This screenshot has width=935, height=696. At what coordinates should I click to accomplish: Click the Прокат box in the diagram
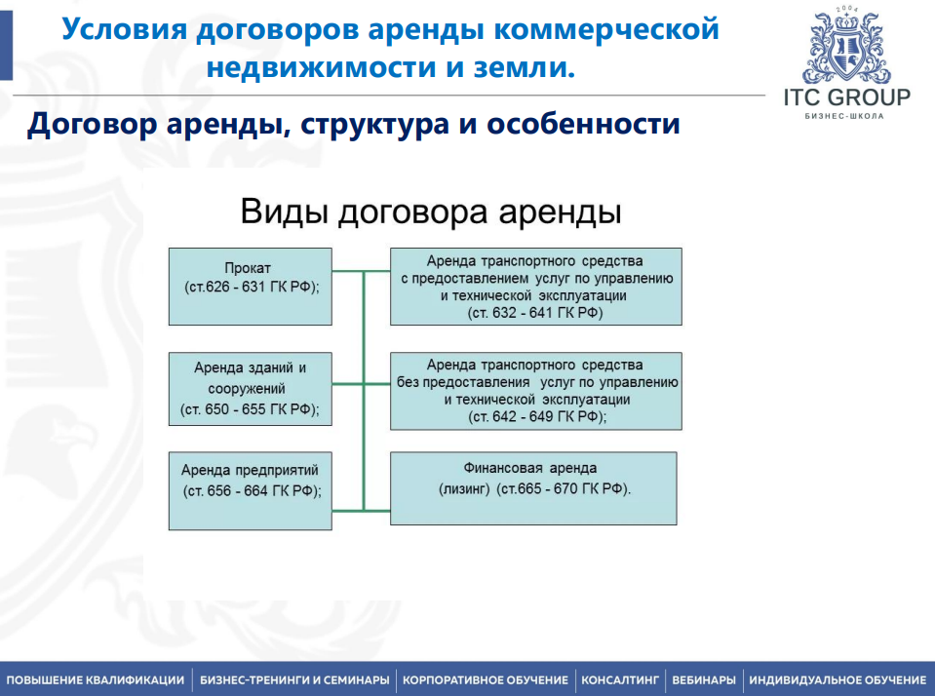[x=250, y=286]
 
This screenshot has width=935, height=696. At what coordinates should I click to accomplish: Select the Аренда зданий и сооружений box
[x=250, y=389]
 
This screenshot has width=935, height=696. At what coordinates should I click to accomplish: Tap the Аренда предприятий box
[x=250, y=490]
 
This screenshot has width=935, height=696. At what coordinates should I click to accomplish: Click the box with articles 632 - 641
[x=535, y=286]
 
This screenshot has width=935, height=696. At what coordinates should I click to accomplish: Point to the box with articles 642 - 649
[x=535, y=390]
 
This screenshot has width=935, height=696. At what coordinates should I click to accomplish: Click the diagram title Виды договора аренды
[x=431, y=212]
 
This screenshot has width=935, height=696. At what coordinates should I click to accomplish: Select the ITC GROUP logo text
[x=846, y=97]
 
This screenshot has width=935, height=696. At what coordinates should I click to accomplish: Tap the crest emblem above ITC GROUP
[x=846, y=49]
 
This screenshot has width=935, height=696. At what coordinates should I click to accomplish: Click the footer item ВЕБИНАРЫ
[x=703, y=679]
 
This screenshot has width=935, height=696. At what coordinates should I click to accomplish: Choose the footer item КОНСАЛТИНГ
[x=620, y=679]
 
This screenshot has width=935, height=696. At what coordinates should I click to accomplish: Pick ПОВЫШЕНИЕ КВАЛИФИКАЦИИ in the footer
[x=95, y=679]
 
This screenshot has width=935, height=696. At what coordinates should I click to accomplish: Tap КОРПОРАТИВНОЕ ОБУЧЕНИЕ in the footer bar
[x=485, y=679]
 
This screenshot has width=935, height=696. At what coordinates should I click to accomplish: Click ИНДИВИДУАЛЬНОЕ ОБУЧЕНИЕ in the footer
[x=838, y=679]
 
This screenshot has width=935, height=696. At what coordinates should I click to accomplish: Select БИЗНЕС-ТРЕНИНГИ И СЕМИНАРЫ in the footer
[x=294, y=679]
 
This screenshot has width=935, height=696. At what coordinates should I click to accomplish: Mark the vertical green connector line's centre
[x=364, y=390]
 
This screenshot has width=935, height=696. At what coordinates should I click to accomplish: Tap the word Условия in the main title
[x=123, y=28]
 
